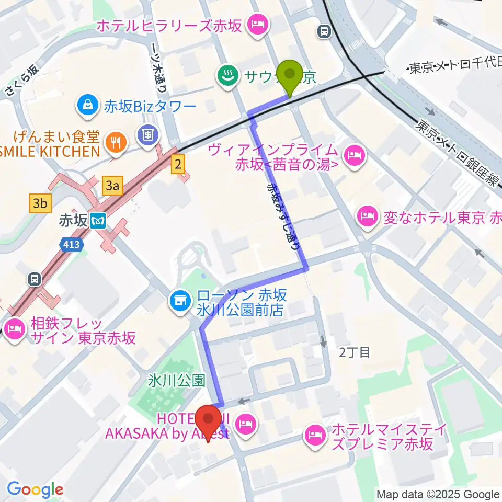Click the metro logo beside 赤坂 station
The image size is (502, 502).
point(97,221)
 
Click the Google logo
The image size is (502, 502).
point(36,489)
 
